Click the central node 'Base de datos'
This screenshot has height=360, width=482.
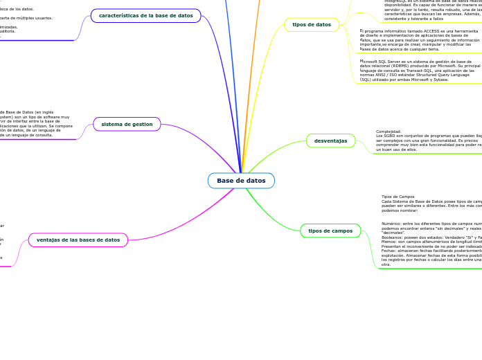tap(241, 181)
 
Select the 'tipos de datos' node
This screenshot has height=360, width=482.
tap(312, 25)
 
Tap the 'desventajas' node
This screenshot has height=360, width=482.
tap(330, 141)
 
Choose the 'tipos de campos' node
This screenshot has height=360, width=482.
tap(330, 231)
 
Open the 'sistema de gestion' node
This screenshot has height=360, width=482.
tap(127, 124)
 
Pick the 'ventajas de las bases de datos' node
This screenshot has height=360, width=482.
tap(78, 240)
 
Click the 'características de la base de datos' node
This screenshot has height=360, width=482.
tap(146, 15)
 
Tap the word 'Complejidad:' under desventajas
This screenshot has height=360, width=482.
tap(389, 131)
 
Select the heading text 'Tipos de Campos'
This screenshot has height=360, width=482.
tap(398, 197)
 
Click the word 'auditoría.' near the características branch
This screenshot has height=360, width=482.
tap(7, 31)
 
